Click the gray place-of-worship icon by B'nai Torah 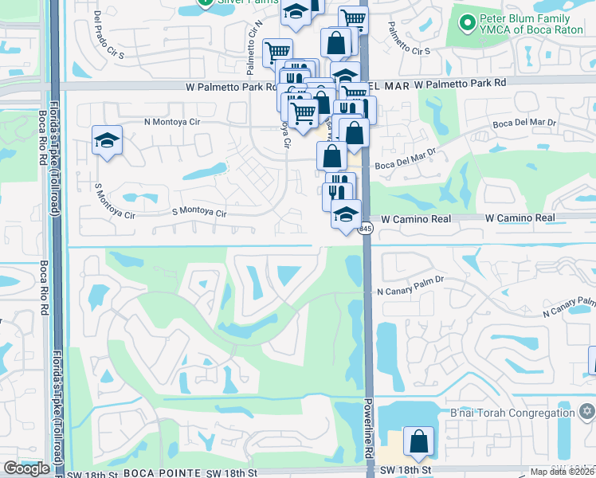pos(588,412)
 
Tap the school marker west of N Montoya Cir pos(107,141)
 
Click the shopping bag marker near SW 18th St pos(418,441)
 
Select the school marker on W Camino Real pos(346,215)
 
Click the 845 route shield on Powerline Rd pos(365,229)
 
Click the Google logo pos(26,468)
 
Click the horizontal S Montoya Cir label pos(199,214)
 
